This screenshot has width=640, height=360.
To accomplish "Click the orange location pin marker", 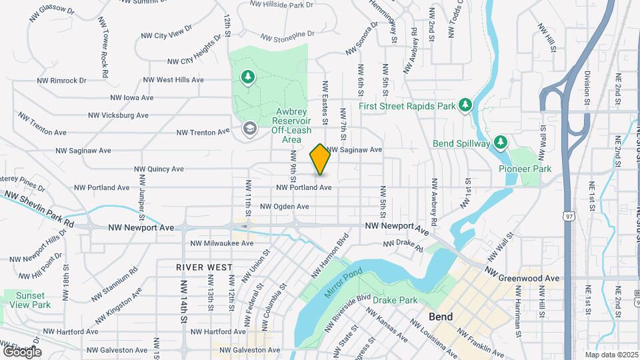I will [320, 160].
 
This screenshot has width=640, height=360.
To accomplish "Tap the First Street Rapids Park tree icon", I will [465, 105].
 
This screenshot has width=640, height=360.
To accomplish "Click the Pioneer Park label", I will [525, 169].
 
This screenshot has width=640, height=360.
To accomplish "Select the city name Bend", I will [441, 317].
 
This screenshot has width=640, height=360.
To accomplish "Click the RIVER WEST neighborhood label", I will [204, 267].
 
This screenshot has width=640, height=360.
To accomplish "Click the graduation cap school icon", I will [249, 127].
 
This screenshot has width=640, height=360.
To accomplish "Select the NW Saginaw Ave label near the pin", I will [354, 150].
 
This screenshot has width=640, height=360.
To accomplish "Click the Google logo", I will [22, 351].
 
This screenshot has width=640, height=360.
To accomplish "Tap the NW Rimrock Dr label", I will [62, 80].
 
